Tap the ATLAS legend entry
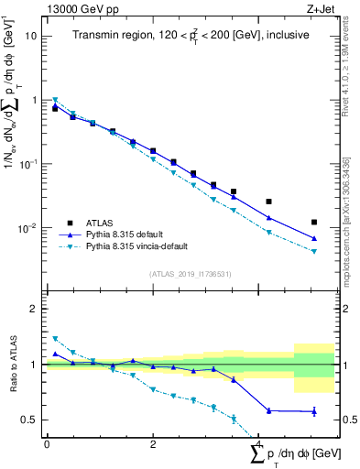point(101,222)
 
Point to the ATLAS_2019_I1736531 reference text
point(190,274)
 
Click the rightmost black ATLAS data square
point(314,223)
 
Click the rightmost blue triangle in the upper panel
point(314,238)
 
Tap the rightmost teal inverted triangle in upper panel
point(314,252)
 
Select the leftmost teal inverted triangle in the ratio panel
point(55,339)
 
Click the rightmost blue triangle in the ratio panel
point(314,411)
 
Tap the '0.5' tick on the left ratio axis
point(30,420)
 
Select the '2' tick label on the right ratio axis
point(344,309)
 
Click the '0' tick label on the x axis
point(47,443)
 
